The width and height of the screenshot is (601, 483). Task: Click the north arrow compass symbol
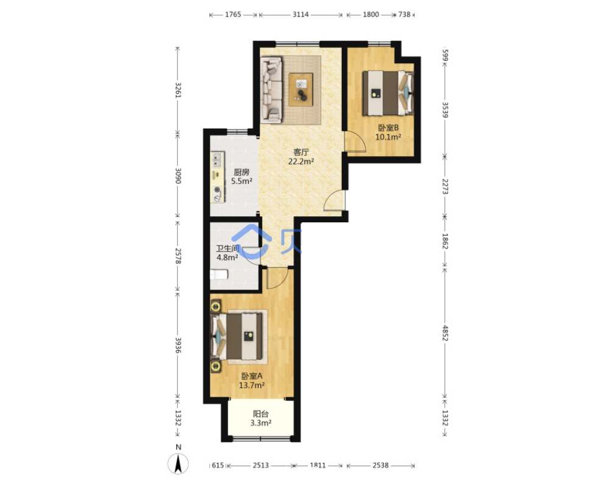coord(178,464)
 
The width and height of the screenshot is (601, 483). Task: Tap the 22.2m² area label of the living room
coord(301,162)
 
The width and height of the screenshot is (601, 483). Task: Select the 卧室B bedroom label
coord(388,128)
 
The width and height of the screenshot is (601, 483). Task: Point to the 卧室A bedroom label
coord(252,376)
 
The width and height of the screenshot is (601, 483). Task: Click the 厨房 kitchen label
coord(241,172)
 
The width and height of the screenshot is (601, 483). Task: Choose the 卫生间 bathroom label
coord(228,248)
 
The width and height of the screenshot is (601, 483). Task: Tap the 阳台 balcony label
coord(260,414)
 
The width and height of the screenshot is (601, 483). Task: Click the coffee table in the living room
coord(301,89)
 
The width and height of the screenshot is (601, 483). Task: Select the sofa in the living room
coord(271,91)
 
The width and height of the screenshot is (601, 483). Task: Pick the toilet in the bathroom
coord(219,275)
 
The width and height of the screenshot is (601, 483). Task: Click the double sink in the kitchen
coord(217,160)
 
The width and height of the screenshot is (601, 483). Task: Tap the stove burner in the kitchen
coord(218,193)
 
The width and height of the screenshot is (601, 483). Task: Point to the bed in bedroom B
coord(388,92)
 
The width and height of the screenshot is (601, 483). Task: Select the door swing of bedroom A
coord(277,278)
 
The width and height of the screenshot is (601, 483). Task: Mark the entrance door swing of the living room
coord(334,200)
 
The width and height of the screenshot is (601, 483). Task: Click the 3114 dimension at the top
coord(300,15)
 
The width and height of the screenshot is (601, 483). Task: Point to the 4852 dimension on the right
coord(445,333)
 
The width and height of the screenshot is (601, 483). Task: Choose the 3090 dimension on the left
coord(178,176)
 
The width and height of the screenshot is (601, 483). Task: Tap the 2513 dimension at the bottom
coord(260,465)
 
